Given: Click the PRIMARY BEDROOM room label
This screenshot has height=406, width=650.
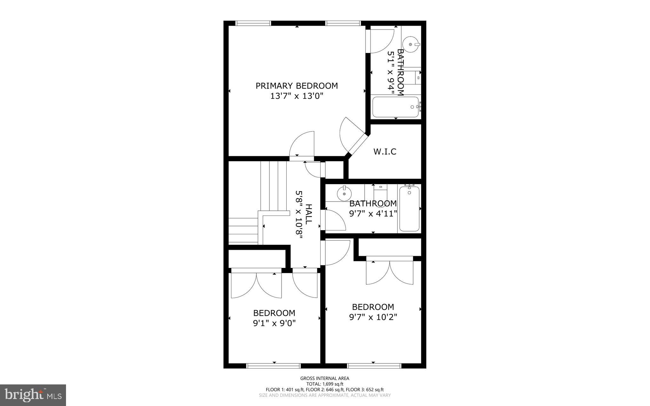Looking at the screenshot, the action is (297, 86).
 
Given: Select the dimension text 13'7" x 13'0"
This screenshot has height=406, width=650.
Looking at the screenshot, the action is (297, 96).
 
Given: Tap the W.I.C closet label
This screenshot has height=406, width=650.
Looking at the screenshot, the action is (385, 152).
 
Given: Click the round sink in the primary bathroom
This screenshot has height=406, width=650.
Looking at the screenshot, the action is (410, 45).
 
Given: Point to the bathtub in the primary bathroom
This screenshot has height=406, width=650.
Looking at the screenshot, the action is (395, 107).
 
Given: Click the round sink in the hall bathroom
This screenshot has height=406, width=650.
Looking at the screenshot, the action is (344, 193).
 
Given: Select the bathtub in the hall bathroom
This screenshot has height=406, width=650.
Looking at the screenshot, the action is (409, 209).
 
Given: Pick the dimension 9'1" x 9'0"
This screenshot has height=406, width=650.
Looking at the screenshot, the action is (274, 323).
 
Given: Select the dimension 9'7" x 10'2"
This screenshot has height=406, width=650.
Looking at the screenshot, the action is (373, 317).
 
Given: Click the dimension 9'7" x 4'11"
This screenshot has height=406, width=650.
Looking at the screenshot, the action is (373, 214).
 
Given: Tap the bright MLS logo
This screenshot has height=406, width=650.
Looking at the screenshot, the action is (33, 395).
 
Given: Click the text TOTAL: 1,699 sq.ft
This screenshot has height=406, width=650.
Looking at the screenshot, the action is (325, 384).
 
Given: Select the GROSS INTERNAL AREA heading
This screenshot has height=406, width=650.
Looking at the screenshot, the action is (325, 378).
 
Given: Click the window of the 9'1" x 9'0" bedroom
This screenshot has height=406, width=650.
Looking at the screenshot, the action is (274, 366).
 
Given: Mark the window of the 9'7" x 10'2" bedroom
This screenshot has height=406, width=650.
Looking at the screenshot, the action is (375, 366).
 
